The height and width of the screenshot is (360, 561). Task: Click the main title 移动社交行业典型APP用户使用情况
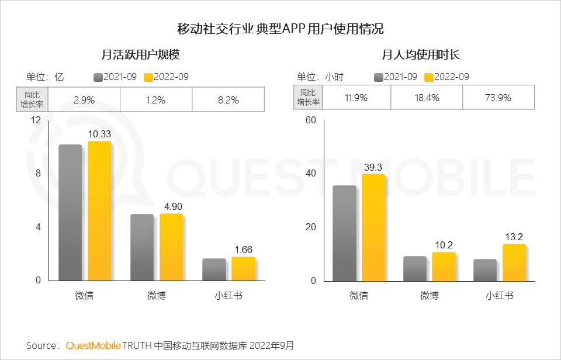click(280, 29)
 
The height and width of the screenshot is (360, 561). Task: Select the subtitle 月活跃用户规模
click(140, 55)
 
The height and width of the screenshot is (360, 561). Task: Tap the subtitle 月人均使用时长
click(421, 55)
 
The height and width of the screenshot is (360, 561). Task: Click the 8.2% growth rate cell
click(228, 100)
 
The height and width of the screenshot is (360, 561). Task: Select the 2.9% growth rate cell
click(84, 100)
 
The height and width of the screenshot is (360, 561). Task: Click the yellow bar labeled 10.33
click(99, 210)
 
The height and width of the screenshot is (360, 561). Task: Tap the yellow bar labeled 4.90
click(171, 247)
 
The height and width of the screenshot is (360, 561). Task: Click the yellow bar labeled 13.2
click(514, 262)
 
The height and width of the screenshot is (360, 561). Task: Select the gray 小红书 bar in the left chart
click(214, 269)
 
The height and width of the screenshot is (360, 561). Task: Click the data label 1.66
click(243, 250)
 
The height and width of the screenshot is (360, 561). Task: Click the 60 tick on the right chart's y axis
click(310, 120)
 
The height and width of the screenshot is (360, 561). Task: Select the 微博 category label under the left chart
click(156, 296)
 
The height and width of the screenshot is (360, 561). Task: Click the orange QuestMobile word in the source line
click(93, 345)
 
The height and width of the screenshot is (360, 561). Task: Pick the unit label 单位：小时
click(320, 77)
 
